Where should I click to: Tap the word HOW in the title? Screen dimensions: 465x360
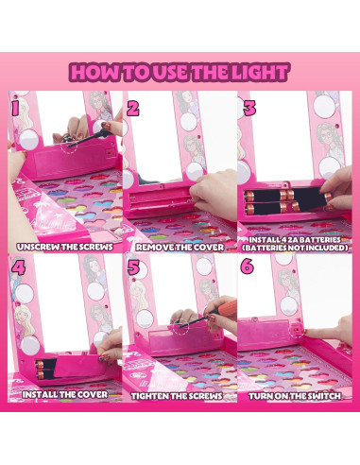tap(96, 71)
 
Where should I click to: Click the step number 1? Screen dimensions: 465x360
tap(14, 107)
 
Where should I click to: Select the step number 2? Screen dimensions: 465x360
tap(132, 107)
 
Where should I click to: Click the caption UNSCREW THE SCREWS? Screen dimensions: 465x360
tap(63, 247)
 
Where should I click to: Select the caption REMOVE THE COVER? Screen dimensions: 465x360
tap(179, 247)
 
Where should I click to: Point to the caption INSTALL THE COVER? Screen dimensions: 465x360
tap(63, 396)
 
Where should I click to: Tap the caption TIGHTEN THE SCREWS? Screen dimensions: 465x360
tap(179, 396)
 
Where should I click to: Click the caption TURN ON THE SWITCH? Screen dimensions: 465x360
tap(296, 396)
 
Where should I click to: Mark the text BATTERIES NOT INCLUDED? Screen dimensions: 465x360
tap(296, 252)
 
